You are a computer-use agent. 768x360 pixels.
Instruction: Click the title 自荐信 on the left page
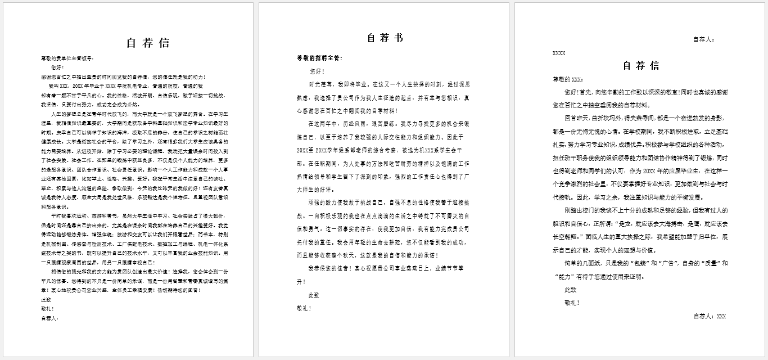pyautogui.click(x=148, y=43)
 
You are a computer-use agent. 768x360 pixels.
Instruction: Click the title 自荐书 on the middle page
pyautogui.click(x=385, y=38)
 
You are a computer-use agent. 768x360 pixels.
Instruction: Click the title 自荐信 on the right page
pyautogui.click(x=641, y=66)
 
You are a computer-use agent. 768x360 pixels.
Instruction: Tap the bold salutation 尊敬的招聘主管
pyautogui.click(x=319, y=58)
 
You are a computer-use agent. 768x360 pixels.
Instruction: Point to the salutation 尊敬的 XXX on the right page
pyautogui.click(x=568, y=79)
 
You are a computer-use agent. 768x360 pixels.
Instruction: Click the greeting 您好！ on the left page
pyautogui.click(x=58, y=67)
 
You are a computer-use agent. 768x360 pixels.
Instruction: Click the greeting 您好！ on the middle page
pyautogui.click(x=317, y=71)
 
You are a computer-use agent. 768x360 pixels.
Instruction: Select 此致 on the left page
pyautogui.click(x=46, y=300)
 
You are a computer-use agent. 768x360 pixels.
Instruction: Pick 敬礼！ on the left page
pyautogui.click(x=48, y=309)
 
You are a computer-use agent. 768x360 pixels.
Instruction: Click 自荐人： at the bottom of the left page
pyautogui.click(x=49, y=318)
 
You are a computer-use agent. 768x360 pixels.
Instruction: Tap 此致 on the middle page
pyautogui.click(x=313, y=295)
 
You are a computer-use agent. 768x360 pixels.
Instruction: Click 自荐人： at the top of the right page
pyautogui.click(x=703, y=39)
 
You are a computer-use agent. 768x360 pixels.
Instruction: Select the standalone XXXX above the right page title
pyautogui.click(x=559, y=53)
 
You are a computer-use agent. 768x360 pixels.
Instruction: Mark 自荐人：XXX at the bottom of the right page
pyautogui.click(x=710, y=316)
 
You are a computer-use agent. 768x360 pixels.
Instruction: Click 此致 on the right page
pyautogui.click(x=570, y=290)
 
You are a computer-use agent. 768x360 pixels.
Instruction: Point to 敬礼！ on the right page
pyautogui.click(x=572, y=303)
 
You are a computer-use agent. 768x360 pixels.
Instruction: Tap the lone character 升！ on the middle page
pyautogui.click(x=301, y=282)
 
